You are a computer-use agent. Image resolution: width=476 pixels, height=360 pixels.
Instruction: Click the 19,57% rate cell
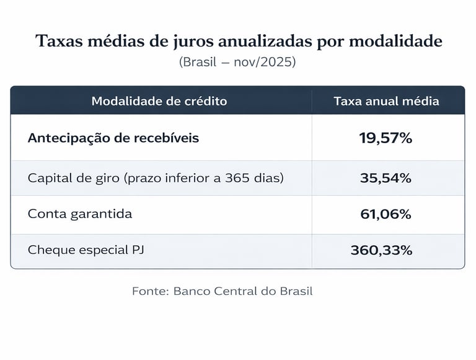click(386, 138)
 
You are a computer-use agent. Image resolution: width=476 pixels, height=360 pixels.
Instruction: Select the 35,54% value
click(386, 178)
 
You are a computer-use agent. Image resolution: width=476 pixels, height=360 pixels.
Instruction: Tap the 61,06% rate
click(386, 214)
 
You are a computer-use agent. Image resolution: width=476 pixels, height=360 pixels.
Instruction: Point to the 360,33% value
click(381, 250)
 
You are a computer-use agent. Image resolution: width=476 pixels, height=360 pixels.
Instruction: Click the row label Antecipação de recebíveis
click(113, 138)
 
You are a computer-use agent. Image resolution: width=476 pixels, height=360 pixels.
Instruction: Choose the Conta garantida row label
click(80, 214)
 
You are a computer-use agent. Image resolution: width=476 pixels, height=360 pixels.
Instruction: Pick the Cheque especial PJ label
click(87, 250)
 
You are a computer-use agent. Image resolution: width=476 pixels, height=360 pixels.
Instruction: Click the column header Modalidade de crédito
click(159, 101)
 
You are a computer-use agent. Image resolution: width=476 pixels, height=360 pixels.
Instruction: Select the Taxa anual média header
click(386, 101)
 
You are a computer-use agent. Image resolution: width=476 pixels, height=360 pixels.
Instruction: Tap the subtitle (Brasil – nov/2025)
click(238, 63)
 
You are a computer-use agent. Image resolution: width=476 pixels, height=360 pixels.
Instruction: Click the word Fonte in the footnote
click(150, 291)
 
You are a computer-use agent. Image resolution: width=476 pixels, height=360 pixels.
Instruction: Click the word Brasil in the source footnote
click(294, 291)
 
